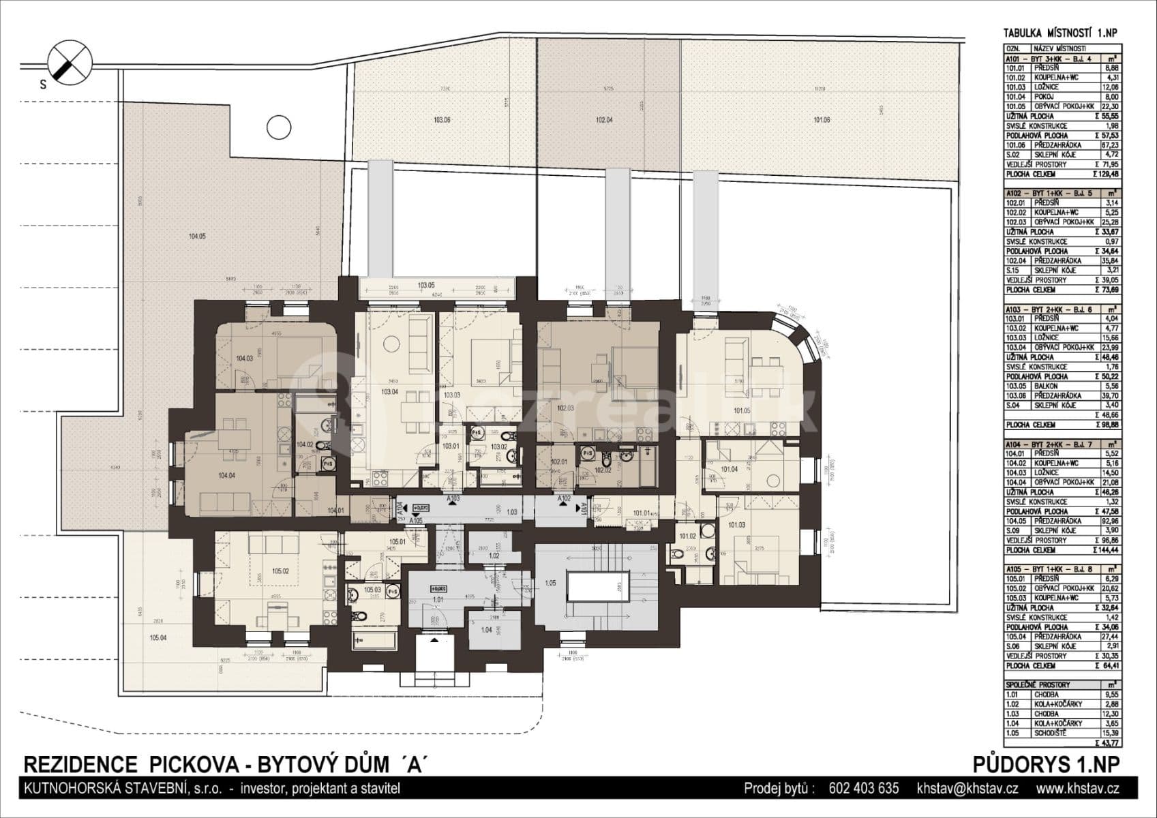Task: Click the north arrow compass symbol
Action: (x=69, y=60)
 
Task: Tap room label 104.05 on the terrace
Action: (x=196, y=237)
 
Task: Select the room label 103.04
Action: (x=389, y=392)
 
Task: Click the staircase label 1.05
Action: (x=550, y=583)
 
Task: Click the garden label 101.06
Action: (x=822, y=121)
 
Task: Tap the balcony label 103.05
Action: (x=426, y=286)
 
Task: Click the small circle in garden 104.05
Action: (x=277, y=127)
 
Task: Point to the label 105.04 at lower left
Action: (x=157, y=638)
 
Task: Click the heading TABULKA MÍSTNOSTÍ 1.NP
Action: (x=1060, y=33)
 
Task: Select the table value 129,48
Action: (x=1104, y=175)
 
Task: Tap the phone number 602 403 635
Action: (x=863, y=789)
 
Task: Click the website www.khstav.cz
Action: (x=1077, y=789)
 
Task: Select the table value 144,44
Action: (x=1105, y=549)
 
